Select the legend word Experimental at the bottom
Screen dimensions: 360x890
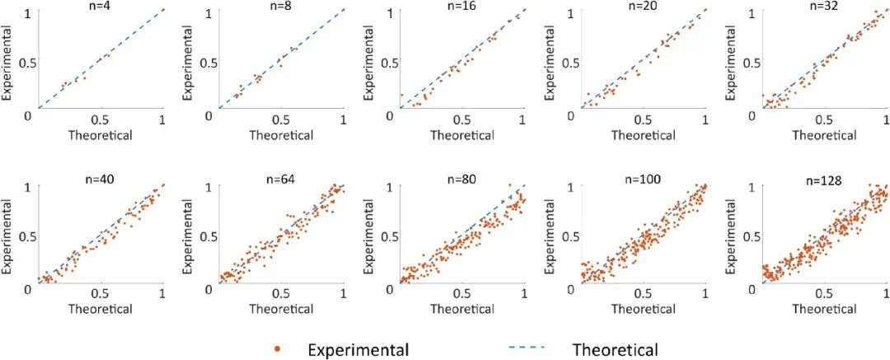pyautogui.click(x=358, y=349)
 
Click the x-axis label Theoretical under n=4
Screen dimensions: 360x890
pyautogui.click(x=101, y=135)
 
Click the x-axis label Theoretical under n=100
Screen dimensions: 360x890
pyautogui.click(x=643, y=309)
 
